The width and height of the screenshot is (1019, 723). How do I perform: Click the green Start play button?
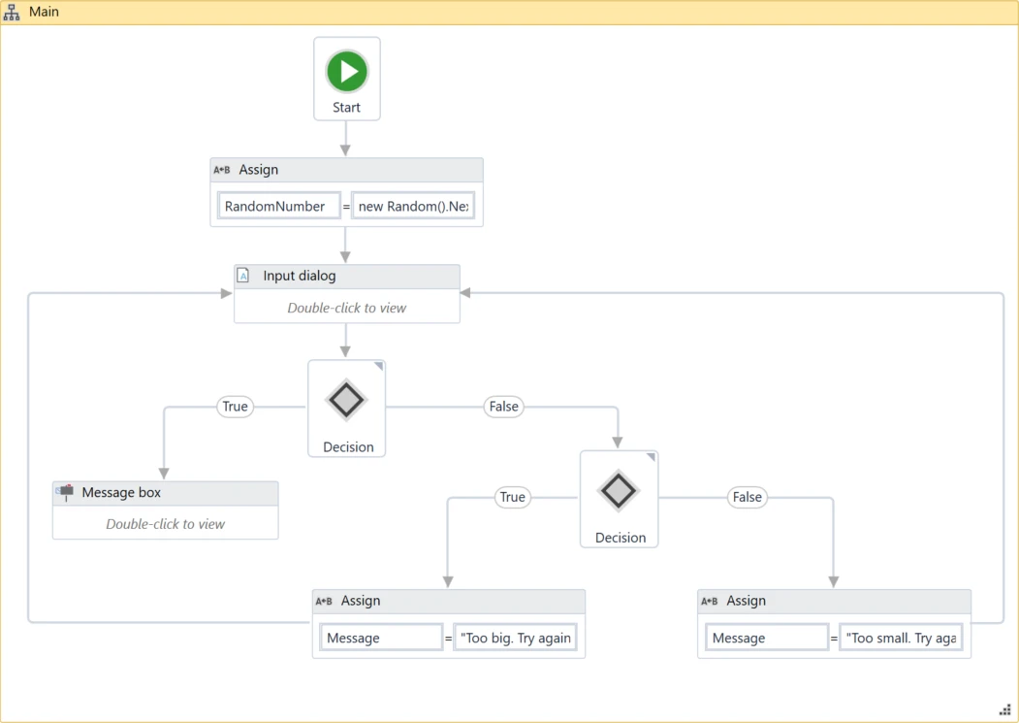[x=347, y=71]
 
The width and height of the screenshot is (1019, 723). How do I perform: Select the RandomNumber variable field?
[x=279, y=207]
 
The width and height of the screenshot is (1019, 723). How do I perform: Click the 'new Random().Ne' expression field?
[x=413, y=207]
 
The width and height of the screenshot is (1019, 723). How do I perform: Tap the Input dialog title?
[x=300, y=276]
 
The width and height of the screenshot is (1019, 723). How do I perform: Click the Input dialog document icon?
[x=243, y=276]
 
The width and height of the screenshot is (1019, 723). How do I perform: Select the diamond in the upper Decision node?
[x=346, y=400]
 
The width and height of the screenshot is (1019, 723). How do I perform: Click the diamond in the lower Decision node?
[x=619, y=490]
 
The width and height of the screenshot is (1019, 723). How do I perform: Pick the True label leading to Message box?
[x=235, y=407]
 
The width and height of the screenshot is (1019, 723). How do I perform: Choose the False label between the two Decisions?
[x=503, y=407]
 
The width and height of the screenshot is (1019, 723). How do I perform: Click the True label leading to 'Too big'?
[x=512, y=497]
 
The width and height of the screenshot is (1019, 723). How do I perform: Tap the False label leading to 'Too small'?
[x=748, y=497]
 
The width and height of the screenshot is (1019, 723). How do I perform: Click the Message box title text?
[x=121, y=493]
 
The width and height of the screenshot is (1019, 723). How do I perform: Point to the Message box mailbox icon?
[x=65, y=493]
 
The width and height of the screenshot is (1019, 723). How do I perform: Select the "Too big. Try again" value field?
[x=516, y=638]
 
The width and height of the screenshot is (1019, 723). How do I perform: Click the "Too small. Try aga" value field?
[x=901, y=638]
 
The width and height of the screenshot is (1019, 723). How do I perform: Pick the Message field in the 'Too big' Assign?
[x=381, y=638]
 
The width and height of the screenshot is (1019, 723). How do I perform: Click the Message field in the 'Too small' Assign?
[x=767, y=638]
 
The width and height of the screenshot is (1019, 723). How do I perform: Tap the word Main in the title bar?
[x=45, y=12]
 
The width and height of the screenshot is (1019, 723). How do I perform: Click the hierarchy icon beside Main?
[x=12, y=13]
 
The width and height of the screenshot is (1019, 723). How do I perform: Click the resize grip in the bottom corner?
[x=1005, y=709]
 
